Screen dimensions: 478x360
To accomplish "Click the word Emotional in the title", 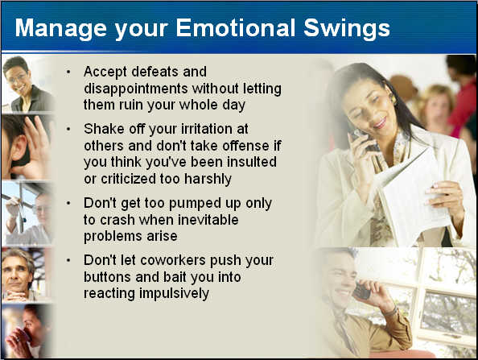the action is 235,27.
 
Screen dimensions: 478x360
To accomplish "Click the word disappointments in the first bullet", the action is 136,89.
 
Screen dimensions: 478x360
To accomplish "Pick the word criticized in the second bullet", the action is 128,179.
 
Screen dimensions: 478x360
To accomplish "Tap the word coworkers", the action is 173,260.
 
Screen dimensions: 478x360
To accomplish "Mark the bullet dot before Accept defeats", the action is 68,72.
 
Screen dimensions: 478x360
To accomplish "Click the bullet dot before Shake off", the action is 68,130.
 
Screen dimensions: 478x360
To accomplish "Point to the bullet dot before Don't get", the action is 68,204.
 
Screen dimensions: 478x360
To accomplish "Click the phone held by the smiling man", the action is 362,291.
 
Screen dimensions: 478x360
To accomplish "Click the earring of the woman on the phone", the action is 393,98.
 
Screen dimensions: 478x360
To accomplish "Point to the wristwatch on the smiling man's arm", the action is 391,312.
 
